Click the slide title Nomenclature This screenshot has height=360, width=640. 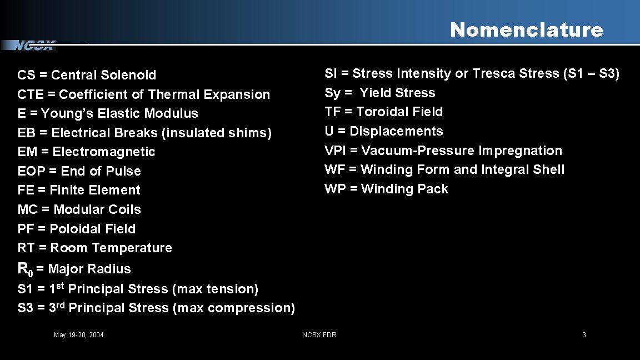526,29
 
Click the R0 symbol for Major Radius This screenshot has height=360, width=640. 25,269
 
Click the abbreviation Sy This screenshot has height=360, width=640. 332,93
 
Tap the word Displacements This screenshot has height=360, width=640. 396,131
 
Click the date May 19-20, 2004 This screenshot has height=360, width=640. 78,334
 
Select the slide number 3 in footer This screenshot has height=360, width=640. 584,334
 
